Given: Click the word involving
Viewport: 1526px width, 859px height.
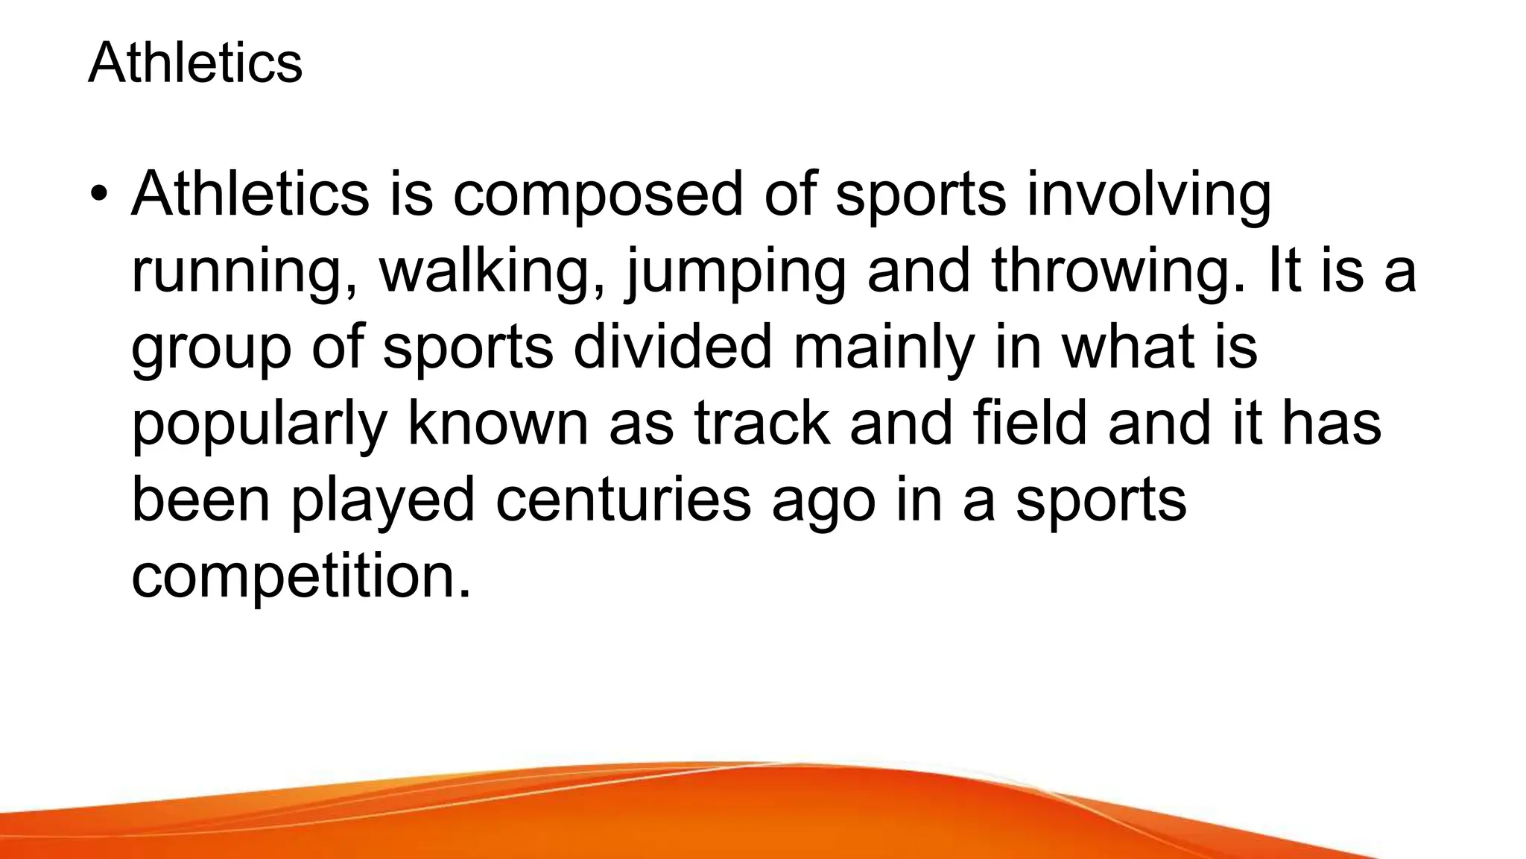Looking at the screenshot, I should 1149,195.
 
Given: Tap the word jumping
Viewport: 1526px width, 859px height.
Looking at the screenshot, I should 737,273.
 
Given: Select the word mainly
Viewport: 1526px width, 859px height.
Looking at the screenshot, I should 884,349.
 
